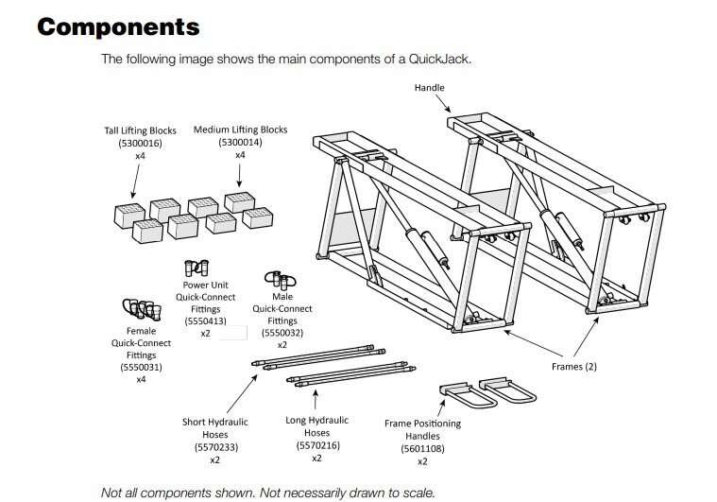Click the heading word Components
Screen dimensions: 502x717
point(118,26)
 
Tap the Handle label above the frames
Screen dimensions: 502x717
point(429,88)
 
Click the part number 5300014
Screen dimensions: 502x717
point(240,142)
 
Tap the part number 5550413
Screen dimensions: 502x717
point(204,320)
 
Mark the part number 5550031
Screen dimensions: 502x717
point(141,366)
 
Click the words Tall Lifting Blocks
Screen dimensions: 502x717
point(139,130)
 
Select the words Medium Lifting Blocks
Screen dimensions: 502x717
point(240,130)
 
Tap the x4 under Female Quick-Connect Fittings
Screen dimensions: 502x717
point(141,379)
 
